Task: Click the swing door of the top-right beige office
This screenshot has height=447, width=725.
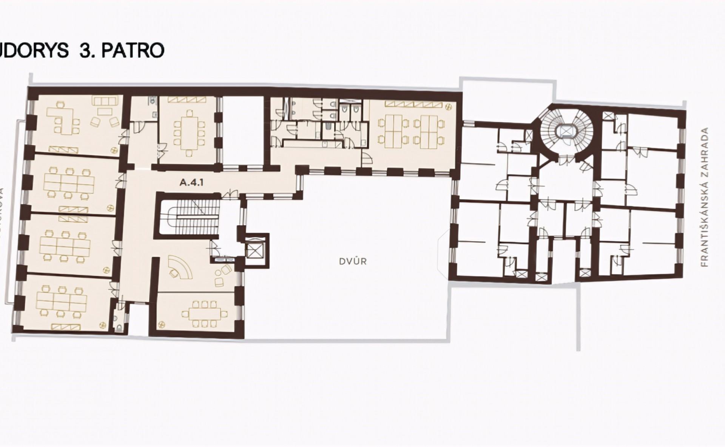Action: click(366, 160)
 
